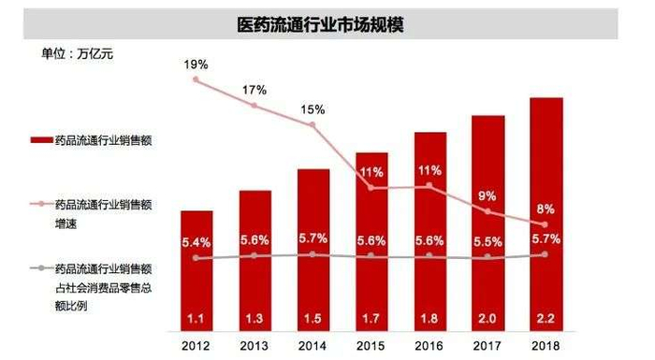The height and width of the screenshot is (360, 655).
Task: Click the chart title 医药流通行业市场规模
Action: (x=327, y=22)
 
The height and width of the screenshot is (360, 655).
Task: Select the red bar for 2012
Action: (x=196, y=271)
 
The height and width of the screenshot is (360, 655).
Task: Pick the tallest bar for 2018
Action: (x=546, y=215)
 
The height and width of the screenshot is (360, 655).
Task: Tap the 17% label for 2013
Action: (x=255, y=90)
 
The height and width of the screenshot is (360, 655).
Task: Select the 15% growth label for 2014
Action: (x=313, y=110)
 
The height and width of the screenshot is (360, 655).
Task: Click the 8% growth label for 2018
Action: (x=546, y=209)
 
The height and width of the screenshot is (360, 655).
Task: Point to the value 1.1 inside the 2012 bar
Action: (x=196, y=319)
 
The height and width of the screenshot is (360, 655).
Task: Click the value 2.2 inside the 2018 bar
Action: (x=546, y=319)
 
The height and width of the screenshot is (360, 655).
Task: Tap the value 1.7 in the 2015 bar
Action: (x=371, y=319)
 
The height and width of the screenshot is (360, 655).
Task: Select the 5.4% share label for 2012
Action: (x=196, y=242)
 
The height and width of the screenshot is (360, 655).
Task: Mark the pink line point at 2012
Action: (x=196, y=80)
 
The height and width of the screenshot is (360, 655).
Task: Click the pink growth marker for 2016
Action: (x=429, y=186)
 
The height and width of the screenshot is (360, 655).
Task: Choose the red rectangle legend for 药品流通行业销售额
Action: (x=39, y=139)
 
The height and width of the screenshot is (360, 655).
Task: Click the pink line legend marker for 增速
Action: (x=39, y=203)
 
